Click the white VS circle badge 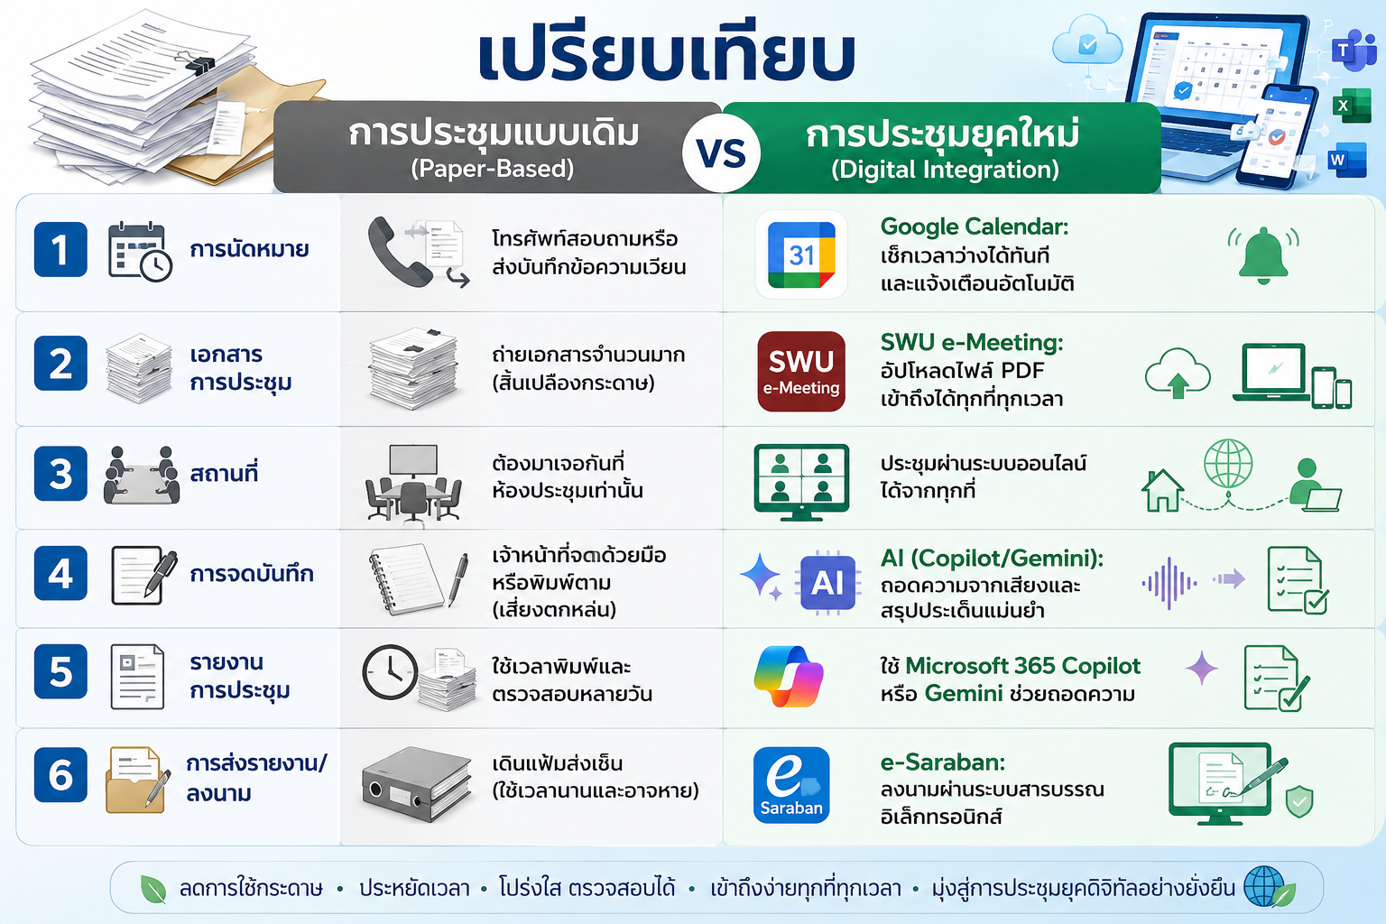[x=722, y=152]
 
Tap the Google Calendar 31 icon [x=801, y=255]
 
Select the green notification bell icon [x=1263, y=255]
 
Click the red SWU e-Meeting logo [x=801, y=372]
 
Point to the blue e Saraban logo [x=791, y=785]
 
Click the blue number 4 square [x=60, y=573]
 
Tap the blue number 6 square [x=60, y=775]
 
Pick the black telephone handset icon [x=398, y=252]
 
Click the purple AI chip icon [x=827, y=582]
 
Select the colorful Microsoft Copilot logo [x=789, y=676]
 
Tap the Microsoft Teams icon [x=1354, y=50]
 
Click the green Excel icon [x=1352, y=106]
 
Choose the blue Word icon [x=1347, y=161]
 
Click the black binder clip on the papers [x=198, y=62]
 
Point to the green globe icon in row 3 [x=1228, y=464]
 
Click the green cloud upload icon [x=1178, y=374]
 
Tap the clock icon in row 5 [x=390, y=673]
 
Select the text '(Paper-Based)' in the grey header [x=493, y=169]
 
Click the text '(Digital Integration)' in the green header [x=945, y=170]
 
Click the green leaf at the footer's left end [x=153, y=890]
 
